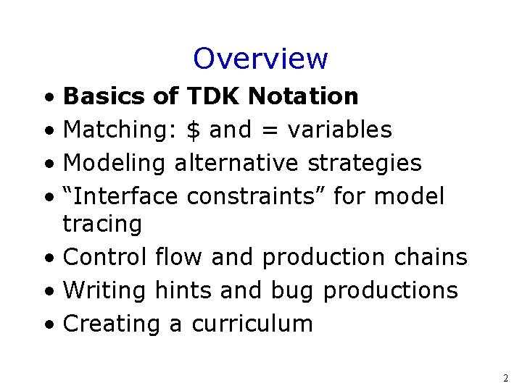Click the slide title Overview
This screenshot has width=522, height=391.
260,59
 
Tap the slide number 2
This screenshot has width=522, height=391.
505,378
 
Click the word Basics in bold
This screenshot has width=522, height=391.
104,96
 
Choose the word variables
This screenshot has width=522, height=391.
339,130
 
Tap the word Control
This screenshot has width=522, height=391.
105,257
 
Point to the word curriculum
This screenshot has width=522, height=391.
252,324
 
